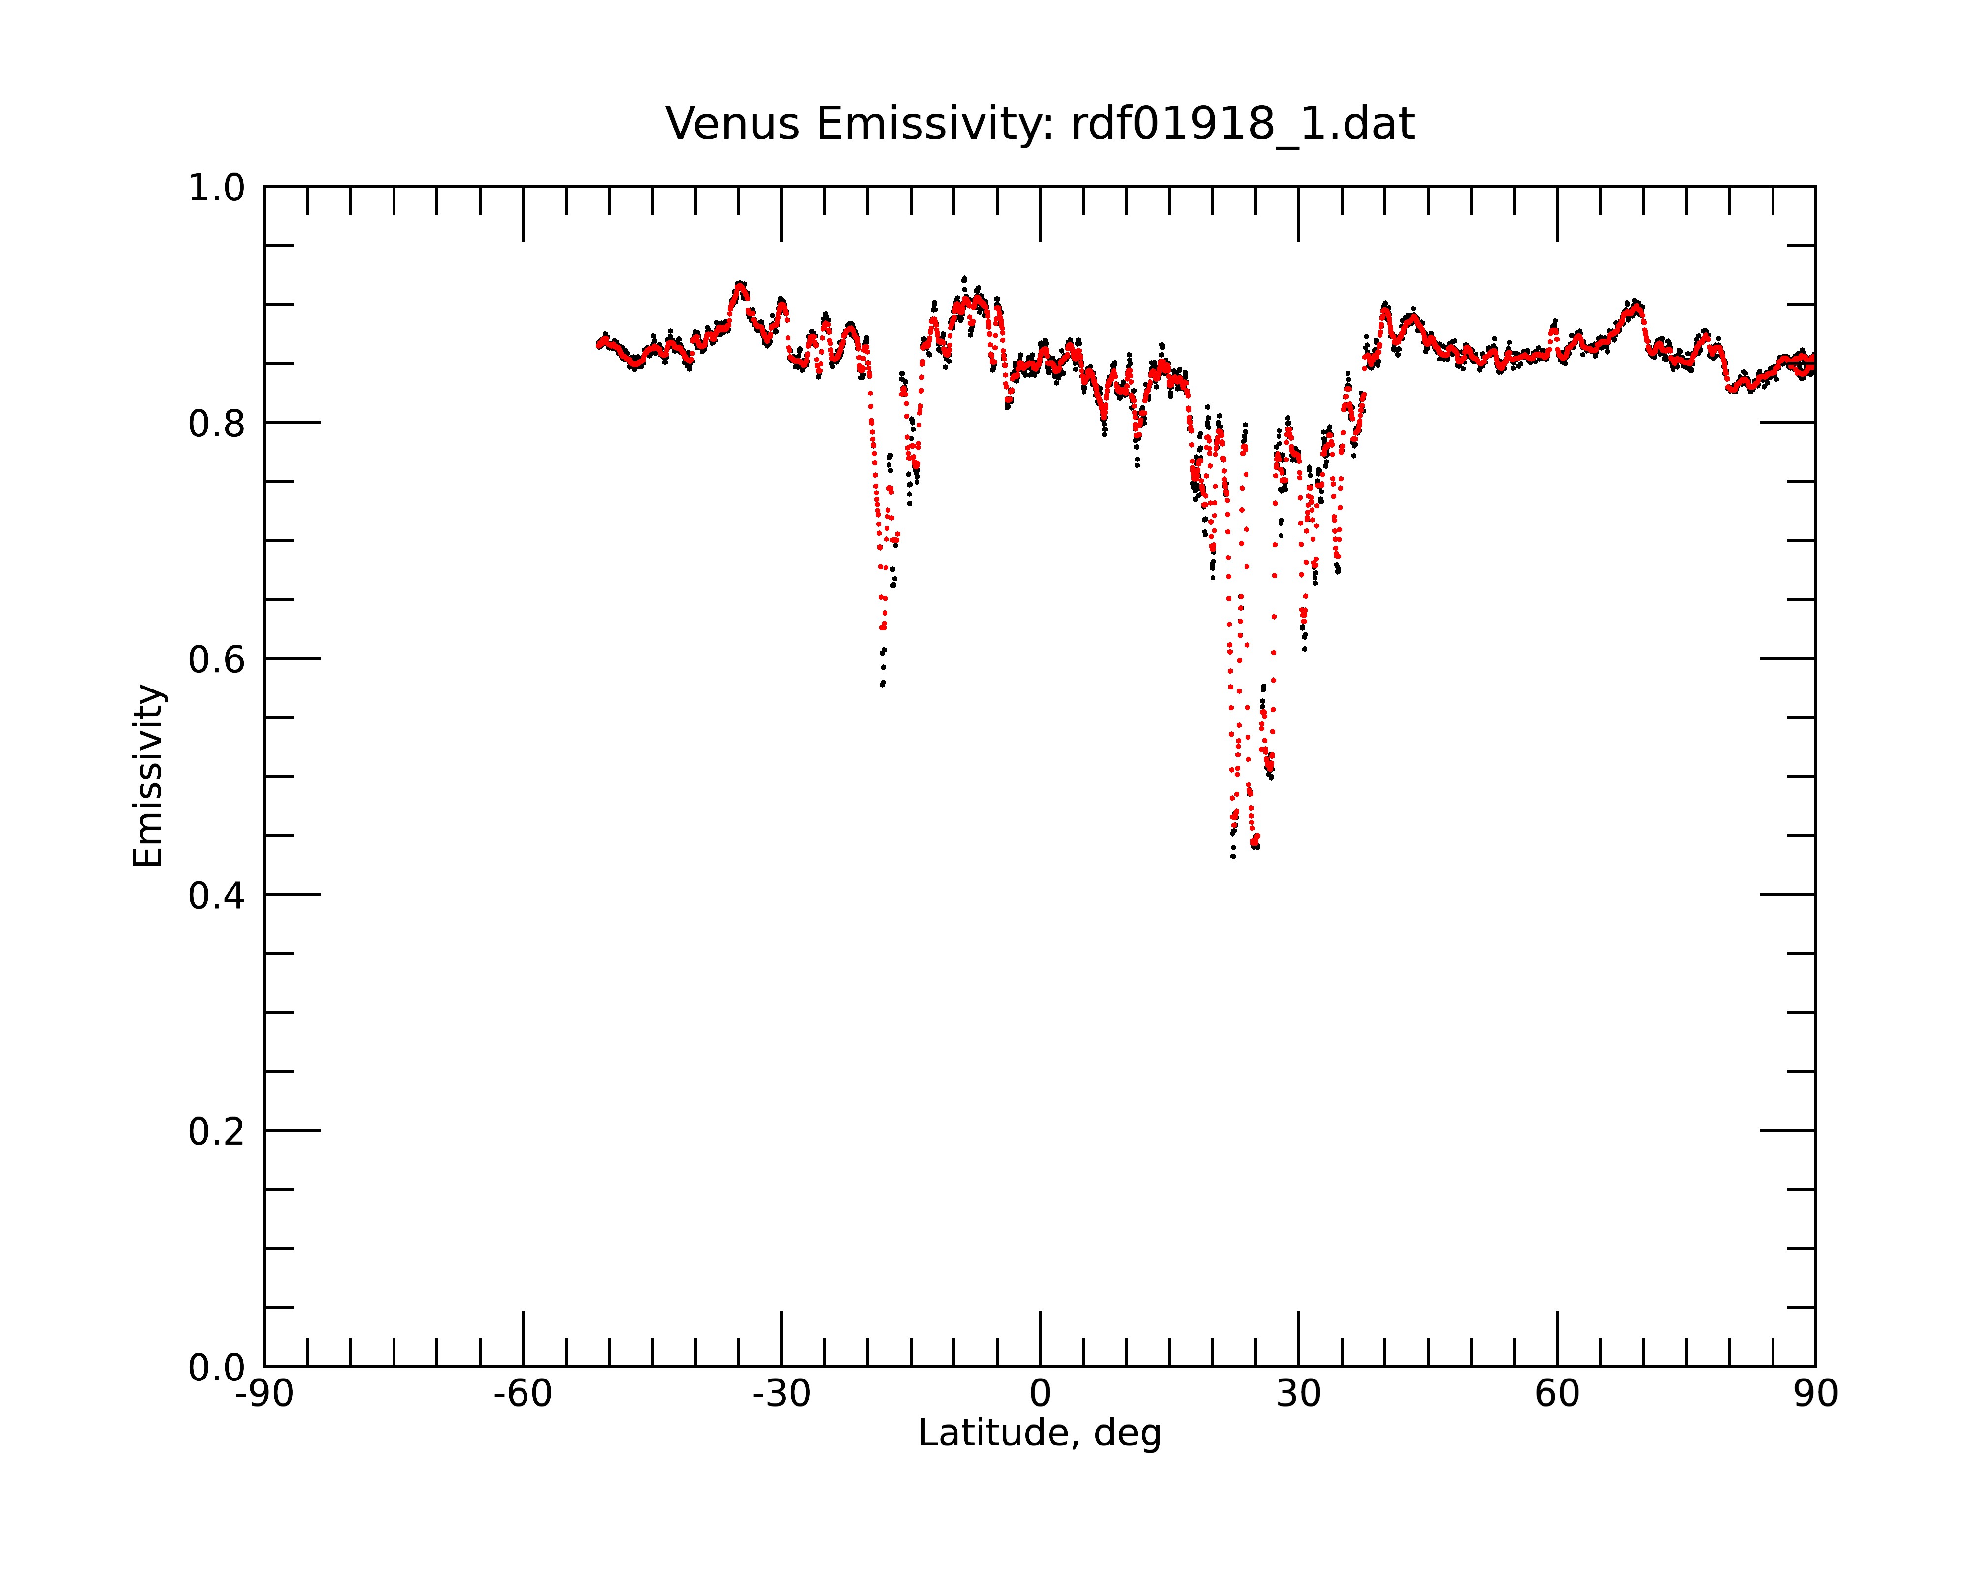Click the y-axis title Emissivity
click(x=148, y=776)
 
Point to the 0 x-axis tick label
click(x=1040, y=1394)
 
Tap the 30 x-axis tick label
click(x=1298, y=1394)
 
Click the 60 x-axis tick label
click(x=1557, y=1394)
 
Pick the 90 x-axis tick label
click(x=1815, y=1394)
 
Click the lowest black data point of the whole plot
click(x=1233, y=857)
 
